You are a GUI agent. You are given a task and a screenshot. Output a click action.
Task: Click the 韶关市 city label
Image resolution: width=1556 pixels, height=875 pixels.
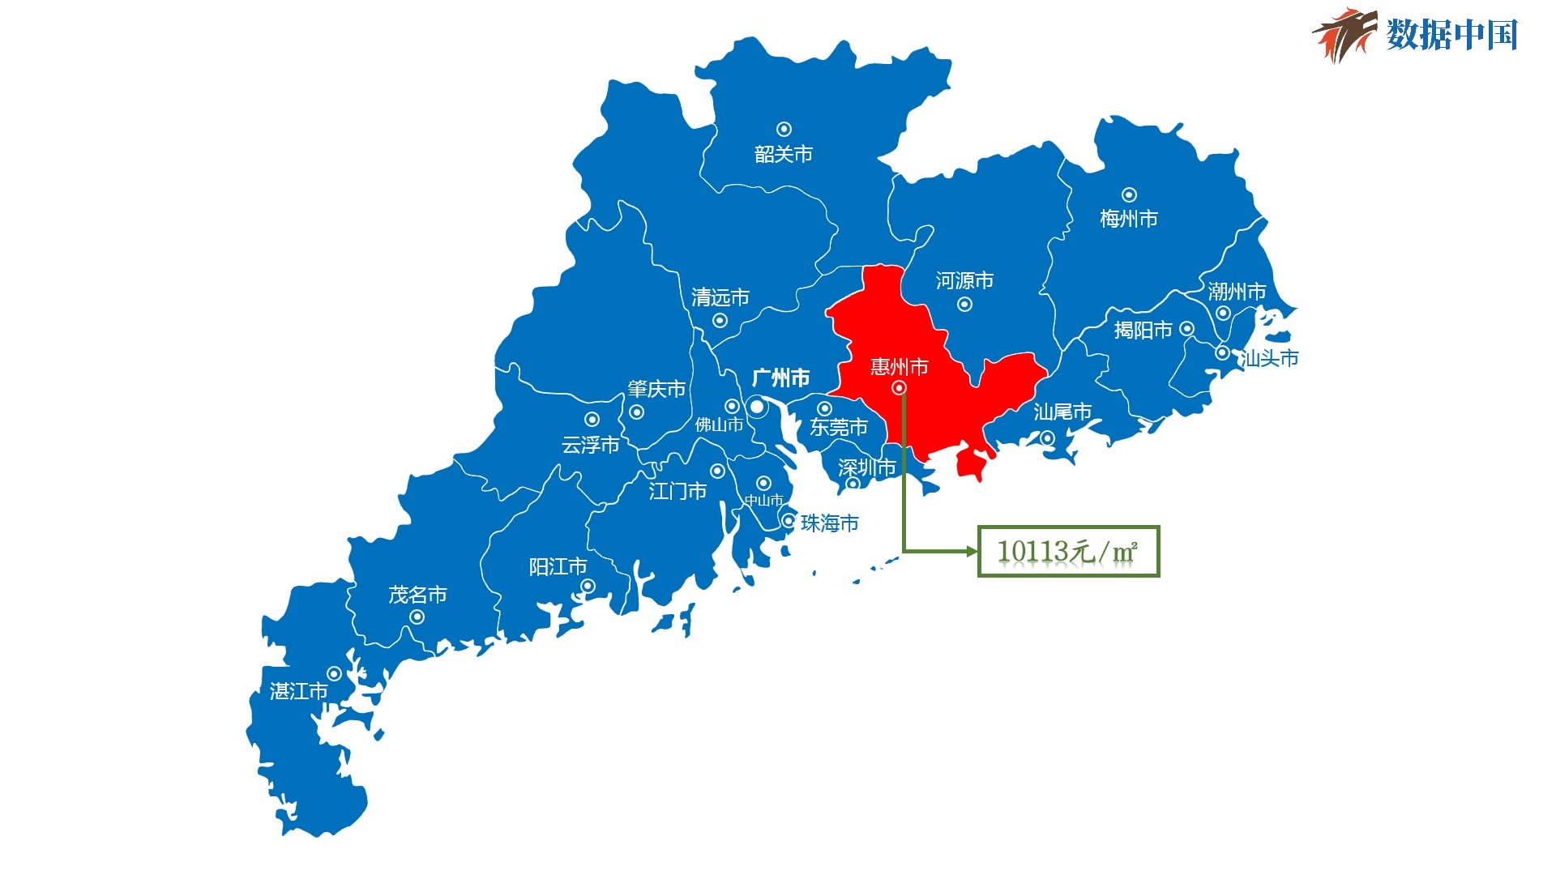[x=783, y=154]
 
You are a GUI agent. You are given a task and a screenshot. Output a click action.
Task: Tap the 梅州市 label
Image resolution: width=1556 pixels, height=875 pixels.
[x=1128, y=218]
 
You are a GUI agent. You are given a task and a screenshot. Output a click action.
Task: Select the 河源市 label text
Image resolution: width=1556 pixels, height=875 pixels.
[x=964, y=280]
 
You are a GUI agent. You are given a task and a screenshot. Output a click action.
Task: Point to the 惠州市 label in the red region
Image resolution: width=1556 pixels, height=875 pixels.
[x=899, y=367]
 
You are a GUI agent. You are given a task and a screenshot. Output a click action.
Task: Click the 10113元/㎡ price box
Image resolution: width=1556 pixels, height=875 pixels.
[x=1068, y=551]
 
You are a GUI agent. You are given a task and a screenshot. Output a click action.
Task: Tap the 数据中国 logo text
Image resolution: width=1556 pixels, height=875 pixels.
[x=1451, y=35]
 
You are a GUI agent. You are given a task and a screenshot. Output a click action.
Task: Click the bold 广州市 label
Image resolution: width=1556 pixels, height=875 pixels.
[x=780, y=378]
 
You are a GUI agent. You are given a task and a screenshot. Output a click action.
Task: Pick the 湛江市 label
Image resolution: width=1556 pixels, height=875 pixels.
[x=298, y=691]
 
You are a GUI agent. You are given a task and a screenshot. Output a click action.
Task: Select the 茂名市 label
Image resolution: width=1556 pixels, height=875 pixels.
[x=417, y=595]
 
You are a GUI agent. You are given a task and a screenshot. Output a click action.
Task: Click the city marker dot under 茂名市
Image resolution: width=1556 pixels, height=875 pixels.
[x=417, y=617]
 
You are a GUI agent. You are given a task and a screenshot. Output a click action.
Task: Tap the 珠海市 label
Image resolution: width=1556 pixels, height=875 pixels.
[x=829, y=523]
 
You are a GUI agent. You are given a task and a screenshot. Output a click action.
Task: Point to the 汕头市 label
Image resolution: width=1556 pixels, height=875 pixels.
[x=1270, y=358]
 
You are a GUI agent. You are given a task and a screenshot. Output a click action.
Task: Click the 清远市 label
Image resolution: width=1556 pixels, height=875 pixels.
[x=720, y=297]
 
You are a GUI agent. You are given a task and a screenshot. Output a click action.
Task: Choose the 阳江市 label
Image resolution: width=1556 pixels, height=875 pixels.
[x=558, y=566]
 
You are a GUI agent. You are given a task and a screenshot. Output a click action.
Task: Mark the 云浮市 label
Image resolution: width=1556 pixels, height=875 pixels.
[x=590, y=445]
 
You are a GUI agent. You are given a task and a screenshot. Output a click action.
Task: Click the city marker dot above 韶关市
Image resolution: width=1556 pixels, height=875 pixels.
[x=784, y=130]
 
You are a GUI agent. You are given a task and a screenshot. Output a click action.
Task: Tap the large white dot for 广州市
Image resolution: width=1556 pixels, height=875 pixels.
[x=757, y=406]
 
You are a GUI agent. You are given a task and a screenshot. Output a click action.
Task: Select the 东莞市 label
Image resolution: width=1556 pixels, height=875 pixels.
[x=839, y=427]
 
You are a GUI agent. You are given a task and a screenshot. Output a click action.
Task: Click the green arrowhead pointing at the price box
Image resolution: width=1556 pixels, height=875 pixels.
[x=972, y=551]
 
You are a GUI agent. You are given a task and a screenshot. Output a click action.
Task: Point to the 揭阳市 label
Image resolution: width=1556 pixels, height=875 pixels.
[x=1143, y=330]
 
